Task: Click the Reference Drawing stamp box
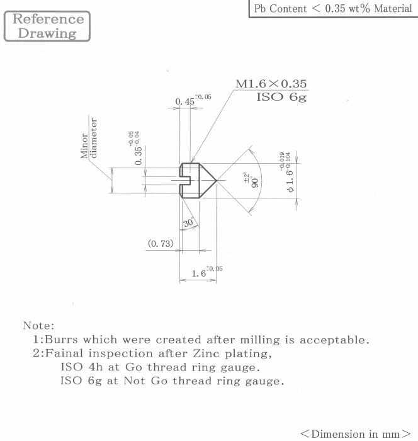point(47,26)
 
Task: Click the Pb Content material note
point(333,8)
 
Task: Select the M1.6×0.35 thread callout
point(271,84)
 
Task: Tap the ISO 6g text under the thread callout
point(281,97)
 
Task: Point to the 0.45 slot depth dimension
point(193,100)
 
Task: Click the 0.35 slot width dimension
point(137,148)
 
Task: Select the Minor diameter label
point(89,138)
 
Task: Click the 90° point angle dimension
point(251,180)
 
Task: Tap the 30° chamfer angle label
point(188,222)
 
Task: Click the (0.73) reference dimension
point(161,243)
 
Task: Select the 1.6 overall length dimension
point(207,272)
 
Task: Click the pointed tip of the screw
point(216,180)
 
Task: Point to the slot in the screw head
point(185,180)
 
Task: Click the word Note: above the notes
point(38,326)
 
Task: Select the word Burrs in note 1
point(61,340)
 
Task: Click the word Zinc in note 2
point(206,353)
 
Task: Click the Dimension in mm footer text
point(356,434)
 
